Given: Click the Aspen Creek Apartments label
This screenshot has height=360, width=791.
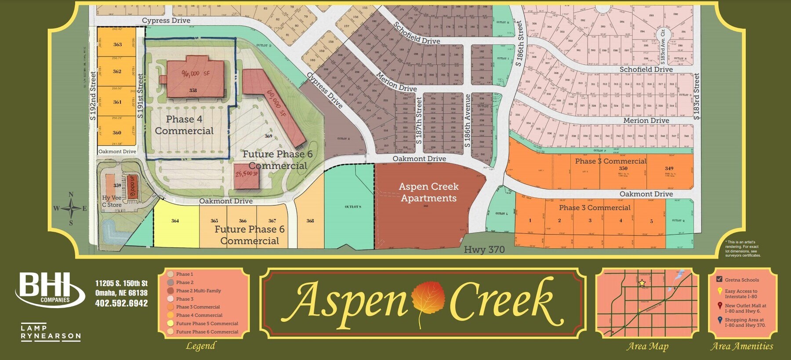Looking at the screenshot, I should (428, 193).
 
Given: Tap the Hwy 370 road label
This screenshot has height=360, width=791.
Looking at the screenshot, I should (484, 250).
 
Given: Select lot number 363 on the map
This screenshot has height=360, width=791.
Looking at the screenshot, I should (117, 44).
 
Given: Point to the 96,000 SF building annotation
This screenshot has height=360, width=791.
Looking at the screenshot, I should (196, 73).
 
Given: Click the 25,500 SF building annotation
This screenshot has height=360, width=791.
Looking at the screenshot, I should (247, 174).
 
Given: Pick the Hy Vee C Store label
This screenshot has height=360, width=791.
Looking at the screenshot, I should (112, 201).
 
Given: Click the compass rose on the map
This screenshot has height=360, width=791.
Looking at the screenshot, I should (71, 208).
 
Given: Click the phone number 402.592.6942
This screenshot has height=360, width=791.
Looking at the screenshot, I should (121, 303).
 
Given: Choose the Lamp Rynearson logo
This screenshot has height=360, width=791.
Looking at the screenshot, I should (51, 332).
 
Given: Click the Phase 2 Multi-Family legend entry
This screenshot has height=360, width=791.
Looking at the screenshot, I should (198, 291).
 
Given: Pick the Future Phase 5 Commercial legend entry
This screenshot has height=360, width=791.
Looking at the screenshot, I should (207, 324).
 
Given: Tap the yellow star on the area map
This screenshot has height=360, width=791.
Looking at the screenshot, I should (642, 283).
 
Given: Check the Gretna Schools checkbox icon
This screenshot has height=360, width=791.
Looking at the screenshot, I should (719, 279).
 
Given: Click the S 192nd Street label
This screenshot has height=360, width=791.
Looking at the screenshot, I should (93, 96).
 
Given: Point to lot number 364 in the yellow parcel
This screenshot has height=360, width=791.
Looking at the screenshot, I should (175, 221).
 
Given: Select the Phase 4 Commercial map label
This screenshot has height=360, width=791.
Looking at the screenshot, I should (184, 125).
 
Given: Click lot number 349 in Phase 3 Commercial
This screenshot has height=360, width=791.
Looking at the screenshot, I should (669, 168).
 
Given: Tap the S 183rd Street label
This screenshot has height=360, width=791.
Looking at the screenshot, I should (696, 97).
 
